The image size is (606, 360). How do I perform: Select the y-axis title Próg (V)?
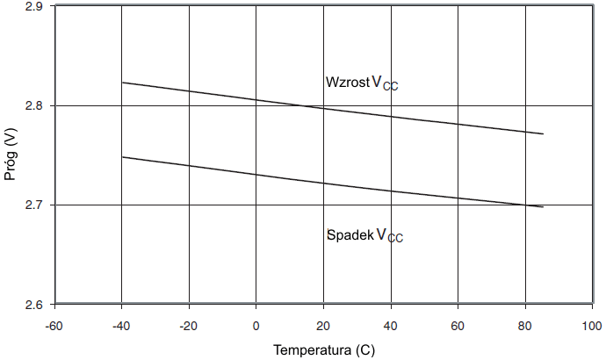coord(11,155)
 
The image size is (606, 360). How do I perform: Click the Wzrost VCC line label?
coord(362,83)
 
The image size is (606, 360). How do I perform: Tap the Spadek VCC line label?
coord(364,235)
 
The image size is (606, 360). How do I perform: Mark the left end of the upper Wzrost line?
coord(121,83)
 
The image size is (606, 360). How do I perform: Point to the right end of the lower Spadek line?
coord(544,207)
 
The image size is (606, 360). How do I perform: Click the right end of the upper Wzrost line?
coord(544,133)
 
